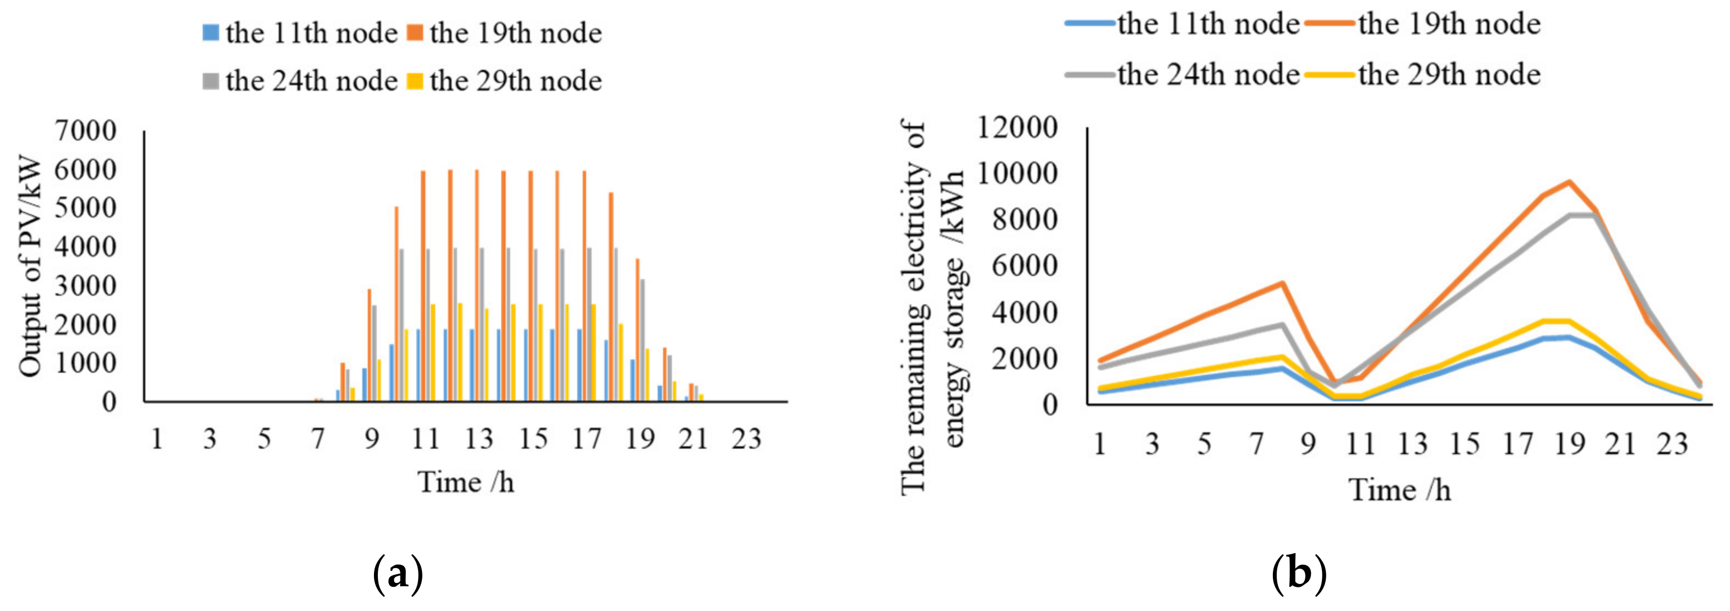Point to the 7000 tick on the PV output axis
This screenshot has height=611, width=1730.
[x=85, y=130]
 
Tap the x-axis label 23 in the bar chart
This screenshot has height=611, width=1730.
[x=746, y=439]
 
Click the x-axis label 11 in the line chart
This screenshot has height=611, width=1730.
[x=1360, y=444]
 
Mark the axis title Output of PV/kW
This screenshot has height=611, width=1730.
[x=30, y=266]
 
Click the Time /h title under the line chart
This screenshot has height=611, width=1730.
[x=1400, y=490]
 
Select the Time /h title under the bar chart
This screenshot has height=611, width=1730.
[x=465, y=482]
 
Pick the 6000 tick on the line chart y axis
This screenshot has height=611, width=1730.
[x=1024, y=266]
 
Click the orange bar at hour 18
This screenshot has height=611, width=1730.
[x=610, y=297]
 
